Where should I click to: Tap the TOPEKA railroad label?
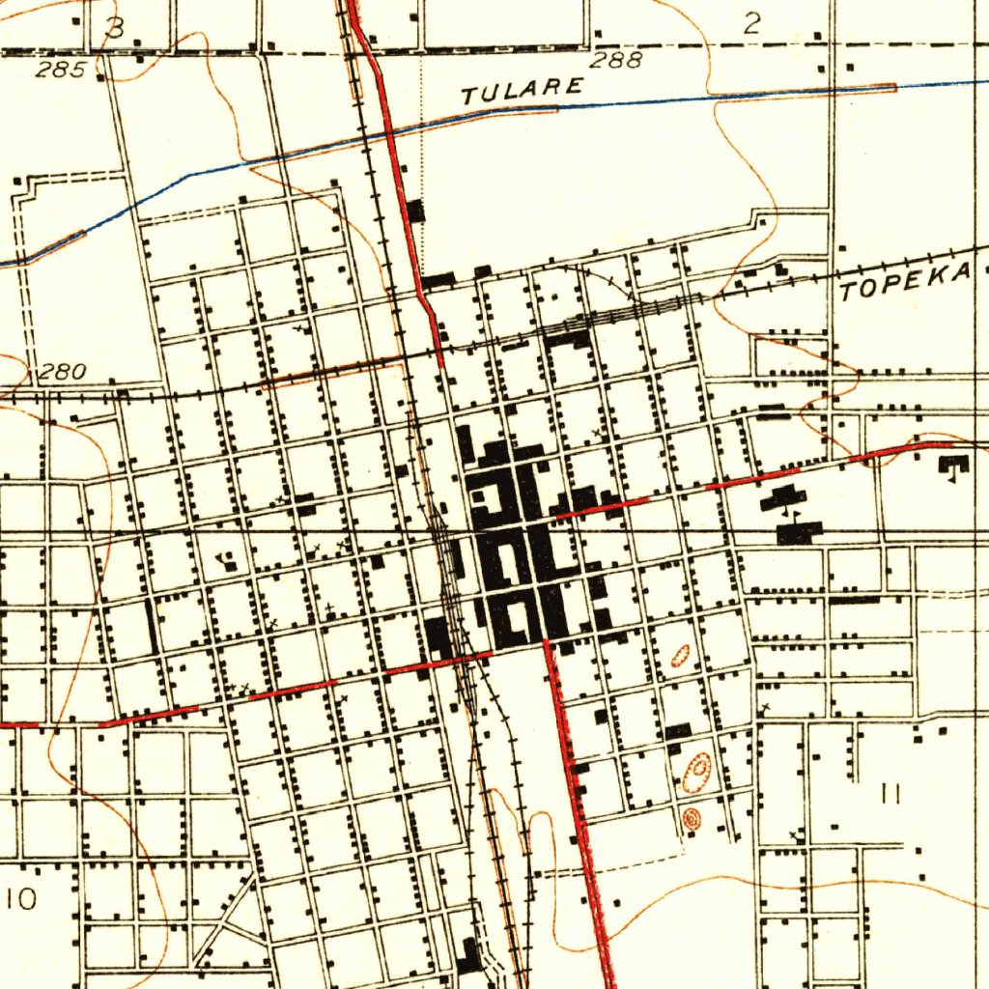click(x=906, y=282)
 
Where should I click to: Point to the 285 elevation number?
click(x=60, y=70)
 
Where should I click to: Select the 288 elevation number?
click(x=615, y=61)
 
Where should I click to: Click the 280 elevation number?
click(x=63, y=372)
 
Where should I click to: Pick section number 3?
click(x=115, y=28)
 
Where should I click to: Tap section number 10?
click(x=20, y=899)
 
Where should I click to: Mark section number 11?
click(x=890, y=794)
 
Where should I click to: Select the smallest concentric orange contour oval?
click(x=691, y=819)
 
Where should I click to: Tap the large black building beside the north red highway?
click(x=416, y=210)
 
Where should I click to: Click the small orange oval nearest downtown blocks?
click(x=680, y=656)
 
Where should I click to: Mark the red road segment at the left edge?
click(x=19, y=723)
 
